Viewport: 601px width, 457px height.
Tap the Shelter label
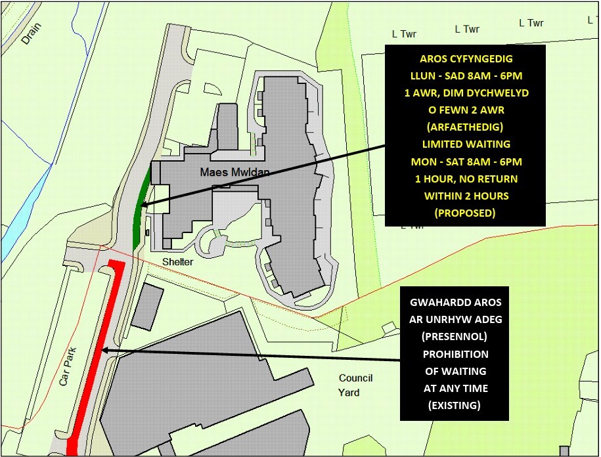point(178,261)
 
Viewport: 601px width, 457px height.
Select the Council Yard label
point(356,385)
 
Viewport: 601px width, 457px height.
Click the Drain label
point(32,33)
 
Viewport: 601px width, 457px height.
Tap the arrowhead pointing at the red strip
point(106,351)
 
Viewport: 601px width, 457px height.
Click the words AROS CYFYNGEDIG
point(465,58)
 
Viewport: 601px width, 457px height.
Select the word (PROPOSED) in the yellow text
point(465,213)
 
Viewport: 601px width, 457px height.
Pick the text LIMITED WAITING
point(465,144)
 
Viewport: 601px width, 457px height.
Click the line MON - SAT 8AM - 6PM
point(465,162)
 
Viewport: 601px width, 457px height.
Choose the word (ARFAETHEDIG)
point(465,127)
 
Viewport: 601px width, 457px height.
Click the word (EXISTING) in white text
point(454,405)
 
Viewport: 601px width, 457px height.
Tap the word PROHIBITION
point(454,354)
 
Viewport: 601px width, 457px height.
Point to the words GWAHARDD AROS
point(454,303)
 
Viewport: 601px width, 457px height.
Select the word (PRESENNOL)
point(454,337)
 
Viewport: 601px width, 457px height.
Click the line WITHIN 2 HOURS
point(465,196)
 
